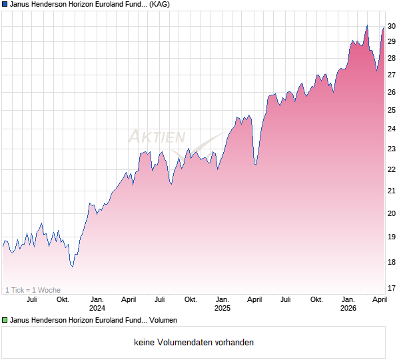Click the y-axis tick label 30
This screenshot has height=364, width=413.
(392, 26)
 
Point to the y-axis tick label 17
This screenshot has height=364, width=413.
(392, 288)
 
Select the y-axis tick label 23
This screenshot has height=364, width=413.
(392, 149)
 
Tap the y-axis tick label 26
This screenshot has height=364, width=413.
(392, 93)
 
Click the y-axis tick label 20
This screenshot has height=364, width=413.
(392, 213)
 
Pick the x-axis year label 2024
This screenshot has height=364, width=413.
(97, 308)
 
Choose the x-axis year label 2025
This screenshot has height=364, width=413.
(222, 308)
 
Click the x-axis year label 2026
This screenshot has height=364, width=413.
(348, 308)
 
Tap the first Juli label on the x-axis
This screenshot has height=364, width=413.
(31, 299)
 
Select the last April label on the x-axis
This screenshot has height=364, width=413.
(379, 299)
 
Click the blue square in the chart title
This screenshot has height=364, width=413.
(5, 5)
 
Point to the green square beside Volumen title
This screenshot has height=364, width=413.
(5, 321)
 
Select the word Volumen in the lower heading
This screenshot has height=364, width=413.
(163, 321)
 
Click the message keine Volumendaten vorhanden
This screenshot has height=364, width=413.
(194, 343)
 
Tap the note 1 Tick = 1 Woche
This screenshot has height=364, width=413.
(33, 290)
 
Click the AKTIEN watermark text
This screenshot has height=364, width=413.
(157, 137)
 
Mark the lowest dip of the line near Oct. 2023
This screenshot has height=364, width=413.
(73, 267)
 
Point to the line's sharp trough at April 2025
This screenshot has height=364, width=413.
(255, 165)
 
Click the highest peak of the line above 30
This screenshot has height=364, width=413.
(367, 26)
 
